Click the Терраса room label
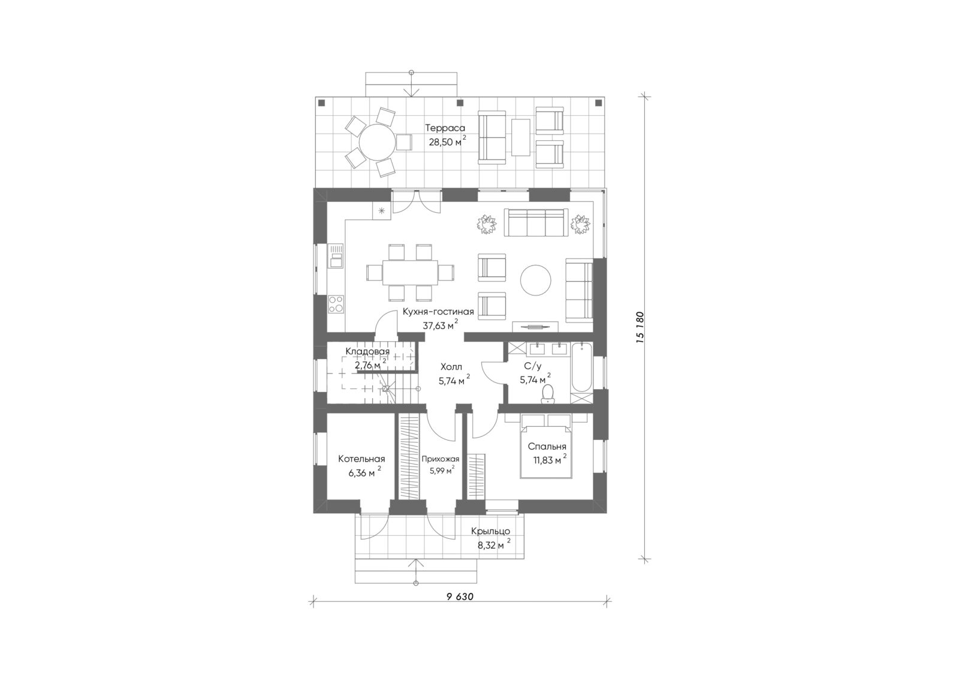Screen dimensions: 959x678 (445, 128)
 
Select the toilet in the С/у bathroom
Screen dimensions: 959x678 (547, 394)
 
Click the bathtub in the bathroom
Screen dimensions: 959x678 (581, 367)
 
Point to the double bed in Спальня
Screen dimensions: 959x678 (546, 452)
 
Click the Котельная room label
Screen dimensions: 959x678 (361, 459)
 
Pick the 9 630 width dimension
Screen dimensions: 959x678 (460, 597)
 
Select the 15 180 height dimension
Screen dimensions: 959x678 (640, 327)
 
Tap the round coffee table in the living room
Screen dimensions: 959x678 (536, 280)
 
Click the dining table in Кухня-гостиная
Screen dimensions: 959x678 (410, 272)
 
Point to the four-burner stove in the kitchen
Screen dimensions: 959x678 (336, 304)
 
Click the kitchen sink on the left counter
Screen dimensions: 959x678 (336, 256)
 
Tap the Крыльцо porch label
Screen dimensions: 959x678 (491, 531)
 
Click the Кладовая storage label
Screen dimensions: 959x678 (367, 352)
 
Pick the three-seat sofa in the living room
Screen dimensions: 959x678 (536, 222)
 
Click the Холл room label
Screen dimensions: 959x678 (451, 367)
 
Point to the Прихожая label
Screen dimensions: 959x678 (440, 459)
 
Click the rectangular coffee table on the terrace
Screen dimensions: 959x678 (521, 137)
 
